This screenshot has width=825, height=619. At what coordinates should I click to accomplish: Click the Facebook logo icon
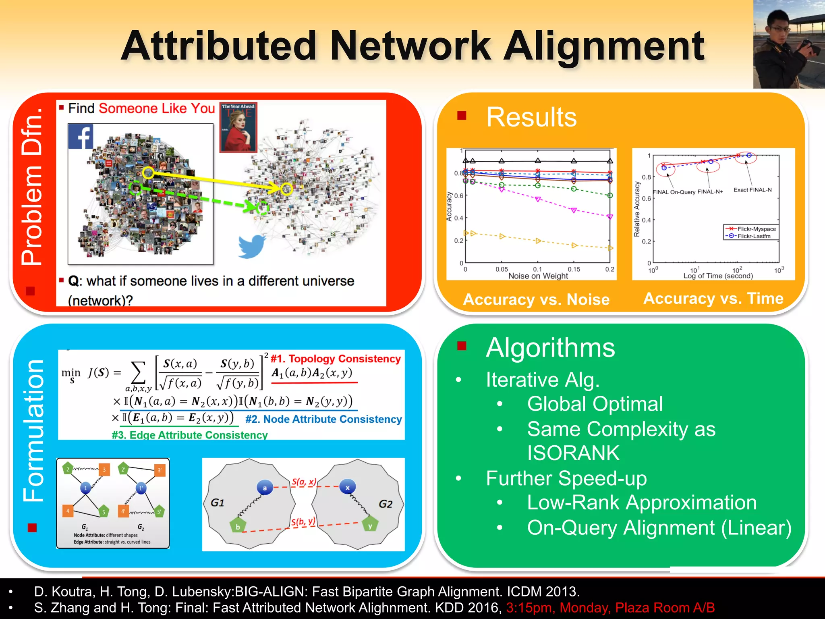tap(81, 137)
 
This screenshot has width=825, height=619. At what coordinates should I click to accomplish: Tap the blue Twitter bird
tap(251, 245)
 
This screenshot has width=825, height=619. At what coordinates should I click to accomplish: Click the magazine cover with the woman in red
tap(238, 127)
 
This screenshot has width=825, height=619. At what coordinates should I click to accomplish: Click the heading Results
tap(531, 117)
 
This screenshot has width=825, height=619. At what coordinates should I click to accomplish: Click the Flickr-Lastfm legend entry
tap(753, 236)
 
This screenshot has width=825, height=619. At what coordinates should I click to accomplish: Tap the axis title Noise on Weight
tap(538, 276)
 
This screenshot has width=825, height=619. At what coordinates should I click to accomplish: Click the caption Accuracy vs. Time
tap(713, 299)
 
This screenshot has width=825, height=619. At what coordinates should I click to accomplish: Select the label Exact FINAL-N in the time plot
tap(752, 190)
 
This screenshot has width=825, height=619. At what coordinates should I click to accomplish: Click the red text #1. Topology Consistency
tap(336, 359)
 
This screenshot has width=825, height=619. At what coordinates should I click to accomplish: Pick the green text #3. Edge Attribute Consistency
tap(189, 435)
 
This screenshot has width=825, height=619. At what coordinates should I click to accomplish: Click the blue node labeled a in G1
tap(265, 488)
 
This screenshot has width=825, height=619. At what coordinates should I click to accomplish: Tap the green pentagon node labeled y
tap(370, 526)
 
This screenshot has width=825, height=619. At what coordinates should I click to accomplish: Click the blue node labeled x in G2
tap(347, 488)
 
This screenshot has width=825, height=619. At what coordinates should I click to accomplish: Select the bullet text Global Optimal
tap(595, 404)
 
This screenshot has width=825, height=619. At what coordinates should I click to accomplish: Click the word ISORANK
tap(573, 453)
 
